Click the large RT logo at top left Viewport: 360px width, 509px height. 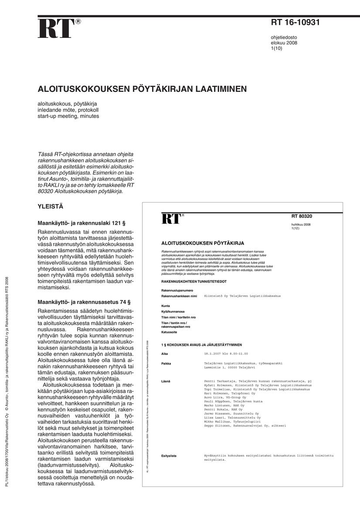point(57,29)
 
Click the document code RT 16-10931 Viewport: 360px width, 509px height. point(295,23)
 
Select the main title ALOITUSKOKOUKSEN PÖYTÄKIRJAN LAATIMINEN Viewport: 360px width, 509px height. point(142,89)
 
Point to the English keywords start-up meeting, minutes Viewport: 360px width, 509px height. point(68,116)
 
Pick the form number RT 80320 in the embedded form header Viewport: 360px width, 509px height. point(302,216)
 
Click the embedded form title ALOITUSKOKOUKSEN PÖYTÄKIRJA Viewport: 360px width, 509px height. point(203,243)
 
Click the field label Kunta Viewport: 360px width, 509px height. point(166,306)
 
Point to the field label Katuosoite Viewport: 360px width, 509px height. point(170,332)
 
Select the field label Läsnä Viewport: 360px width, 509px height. point(166,381)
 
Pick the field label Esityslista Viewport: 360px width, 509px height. point(169,456)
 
